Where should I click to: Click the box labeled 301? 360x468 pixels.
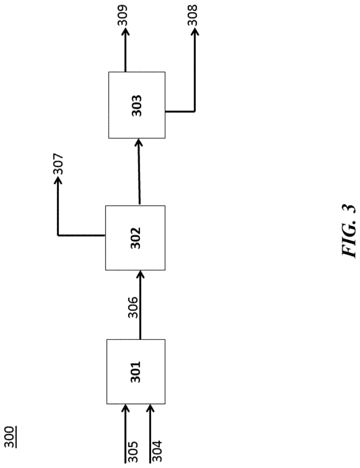[x=136, y=371]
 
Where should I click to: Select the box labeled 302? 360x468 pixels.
[x=135, y=238]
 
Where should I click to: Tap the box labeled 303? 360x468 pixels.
[x=136, y=105]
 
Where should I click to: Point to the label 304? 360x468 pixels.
[x=157, y=451]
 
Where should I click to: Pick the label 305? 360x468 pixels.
[x=132, y=451]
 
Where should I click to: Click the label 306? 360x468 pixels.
[x=133, y=308]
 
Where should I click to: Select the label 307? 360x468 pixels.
[x=58, y=164]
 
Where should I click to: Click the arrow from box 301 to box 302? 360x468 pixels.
[x=140, y=305]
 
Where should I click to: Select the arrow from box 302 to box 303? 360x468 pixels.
[x=139, y=172]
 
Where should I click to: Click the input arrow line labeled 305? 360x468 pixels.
[x=125, y=433]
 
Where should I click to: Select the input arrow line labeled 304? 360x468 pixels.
[x=150, y=433]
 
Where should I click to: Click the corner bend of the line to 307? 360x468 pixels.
[x=58, y=235]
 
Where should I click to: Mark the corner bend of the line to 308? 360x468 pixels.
[x=195, y=112]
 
